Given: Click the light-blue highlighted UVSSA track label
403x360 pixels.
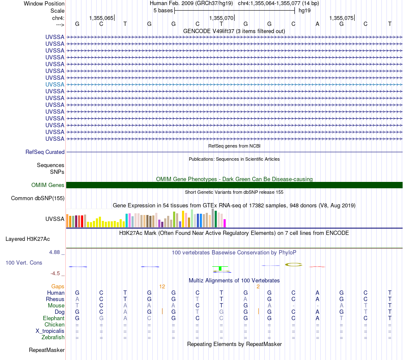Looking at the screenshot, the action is coord(55,84).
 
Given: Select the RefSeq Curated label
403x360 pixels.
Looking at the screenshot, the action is coord(45,152).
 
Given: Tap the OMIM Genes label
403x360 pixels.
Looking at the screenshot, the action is coord(48,185).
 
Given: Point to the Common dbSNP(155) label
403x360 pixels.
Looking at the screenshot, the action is coord(38,198).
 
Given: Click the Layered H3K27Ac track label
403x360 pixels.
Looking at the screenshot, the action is coord(28,239).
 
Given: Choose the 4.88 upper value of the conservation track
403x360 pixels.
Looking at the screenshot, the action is coord(54,252).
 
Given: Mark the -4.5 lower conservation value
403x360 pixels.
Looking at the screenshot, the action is coord(55,273).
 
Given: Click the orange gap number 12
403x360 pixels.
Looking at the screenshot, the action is coord(162,287).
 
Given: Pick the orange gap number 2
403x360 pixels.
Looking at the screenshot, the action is coord(258,287).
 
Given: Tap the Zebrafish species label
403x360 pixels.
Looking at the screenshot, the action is coord(53,338).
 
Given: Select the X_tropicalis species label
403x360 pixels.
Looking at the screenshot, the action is coord(50,331).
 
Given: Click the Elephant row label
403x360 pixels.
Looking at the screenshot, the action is coord(54,318).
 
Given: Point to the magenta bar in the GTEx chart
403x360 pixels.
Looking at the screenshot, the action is coord(225,223).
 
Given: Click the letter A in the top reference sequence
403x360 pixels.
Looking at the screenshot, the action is coord(317,24).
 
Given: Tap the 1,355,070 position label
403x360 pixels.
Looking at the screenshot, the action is coord(221,18).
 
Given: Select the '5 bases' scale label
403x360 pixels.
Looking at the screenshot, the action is coord(163,11).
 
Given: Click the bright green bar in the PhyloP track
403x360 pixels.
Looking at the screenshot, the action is coord(220,268).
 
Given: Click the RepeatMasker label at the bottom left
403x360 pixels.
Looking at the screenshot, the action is coord(47,350).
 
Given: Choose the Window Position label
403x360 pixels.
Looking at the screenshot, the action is coord(44,3).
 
